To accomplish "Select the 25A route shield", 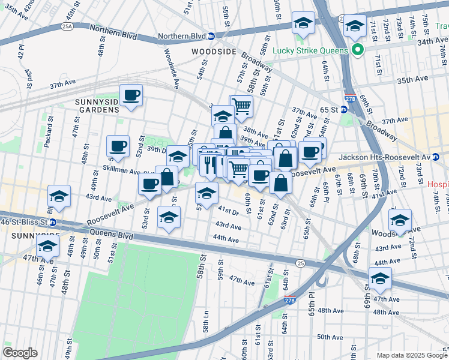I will pos(67,26).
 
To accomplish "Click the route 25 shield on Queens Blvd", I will pos(299,263).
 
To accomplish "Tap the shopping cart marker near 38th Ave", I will pos(241,107).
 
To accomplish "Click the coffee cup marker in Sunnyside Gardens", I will pos(131,95).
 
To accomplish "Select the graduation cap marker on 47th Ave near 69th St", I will pos(379,278).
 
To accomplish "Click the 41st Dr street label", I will pos(229,211).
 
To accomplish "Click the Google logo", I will pos(20,353).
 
